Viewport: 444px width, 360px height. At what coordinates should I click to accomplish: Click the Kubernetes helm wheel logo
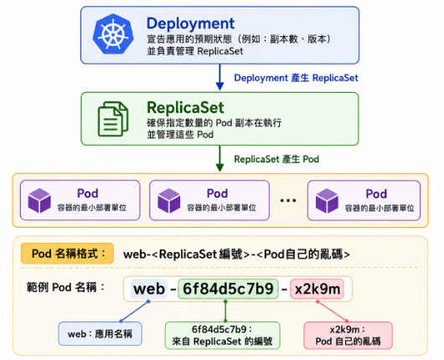click(113, 33)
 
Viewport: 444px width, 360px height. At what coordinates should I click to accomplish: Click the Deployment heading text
click(190, 23)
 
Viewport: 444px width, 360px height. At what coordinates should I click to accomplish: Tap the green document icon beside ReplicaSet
click(113, 119)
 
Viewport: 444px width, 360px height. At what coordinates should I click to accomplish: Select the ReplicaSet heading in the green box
click(185, 107)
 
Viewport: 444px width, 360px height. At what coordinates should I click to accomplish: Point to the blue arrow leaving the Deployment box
click(219, 77)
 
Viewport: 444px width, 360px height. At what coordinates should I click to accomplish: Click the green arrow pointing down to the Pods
click(219, 158)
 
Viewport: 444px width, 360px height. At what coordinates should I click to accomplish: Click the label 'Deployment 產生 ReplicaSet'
click(296, 78)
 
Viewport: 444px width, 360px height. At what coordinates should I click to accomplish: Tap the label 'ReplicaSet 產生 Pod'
click(276, 159)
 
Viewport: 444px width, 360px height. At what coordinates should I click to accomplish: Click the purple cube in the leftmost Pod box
click(39, 200)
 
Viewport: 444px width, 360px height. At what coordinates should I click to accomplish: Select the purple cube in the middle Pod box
click(168, 200)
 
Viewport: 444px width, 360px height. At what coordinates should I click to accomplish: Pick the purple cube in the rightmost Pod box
click(327, 200)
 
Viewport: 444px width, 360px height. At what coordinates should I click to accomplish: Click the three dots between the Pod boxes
click(288, 200)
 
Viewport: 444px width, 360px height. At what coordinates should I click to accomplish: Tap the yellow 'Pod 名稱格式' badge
click(67, 254)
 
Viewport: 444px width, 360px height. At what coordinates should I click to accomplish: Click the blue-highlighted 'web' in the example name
click(149, 289)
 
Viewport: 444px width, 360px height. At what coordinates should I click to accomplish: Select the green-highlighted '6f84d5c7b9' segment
click(228, 289)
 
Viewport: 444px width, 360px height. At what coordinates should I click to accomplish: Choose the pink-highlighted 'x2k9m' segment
click(318, 289)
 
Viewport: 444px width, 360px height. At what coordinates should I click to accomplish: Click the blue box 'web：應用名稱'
click(100, 334)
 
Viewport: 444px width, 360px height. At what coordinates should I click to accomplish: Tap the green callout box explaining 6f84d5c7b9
click(222, 336)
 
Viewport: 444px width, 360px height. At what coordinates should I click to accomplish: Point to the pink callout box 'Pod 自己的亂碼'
click(348, 336)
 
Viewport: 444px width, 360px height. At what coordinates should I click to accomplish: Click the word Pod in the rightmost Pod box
click(376, 194)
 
